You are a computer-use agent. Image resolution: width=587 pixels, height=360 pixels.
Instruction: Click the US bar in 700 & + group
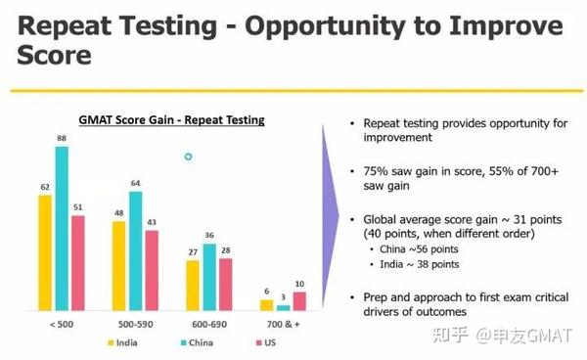[299, 301]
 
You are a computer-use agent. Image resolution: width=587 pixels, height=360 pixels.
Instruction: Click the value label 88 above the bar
[62, 139]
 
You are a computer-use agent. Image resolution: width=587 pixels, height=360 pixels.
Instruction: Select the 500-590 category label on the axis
[134, 324]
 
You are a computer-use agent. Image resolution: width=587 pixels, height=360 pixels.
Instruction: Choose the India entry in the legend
[123, 343]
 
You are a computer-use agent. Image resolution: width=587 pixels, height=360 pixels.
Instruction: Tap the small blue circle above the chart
[189, 157]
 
